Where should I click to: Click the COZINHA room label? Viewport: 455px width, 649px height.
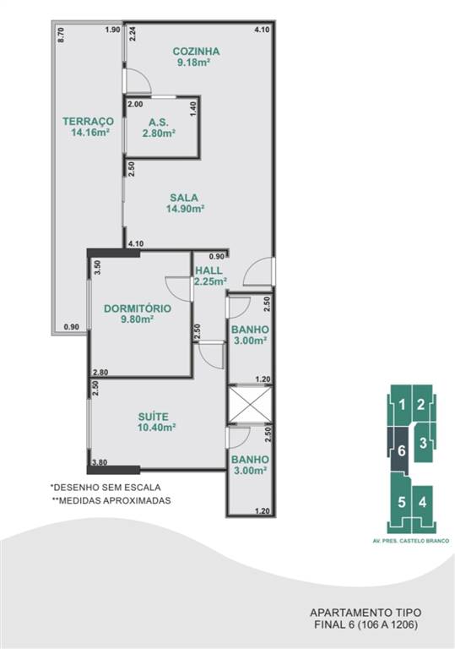click(196, 52)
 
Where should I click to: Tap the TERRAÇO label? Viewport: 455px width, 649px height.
click(88, 122)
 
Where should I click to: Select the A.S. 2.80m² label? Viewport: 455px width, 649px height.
click(159, 128)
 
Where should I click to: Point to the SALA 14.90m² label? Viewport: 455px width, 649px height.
click(185, 203)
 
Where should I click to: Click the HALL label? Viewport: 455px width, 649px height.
click(209, 270)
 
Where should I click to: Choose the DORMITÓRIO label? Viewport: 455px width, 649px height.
click(138, 308)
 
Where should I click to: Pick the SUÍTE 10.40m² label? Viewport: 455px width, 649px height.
click(157, 422)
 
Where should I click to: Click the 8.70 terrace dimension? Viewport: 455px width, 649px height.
click(62, 35)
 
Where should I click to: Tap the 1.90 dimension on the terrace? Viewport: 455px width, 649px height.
click(112, 30)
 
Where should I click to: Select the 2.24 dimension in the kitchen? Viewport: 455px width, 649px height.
click(133, 34)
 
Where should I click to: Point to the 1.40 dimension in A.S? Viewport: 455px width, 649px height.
click(193, 109)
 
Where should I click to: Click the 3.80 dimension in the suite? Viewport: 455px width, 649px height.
click(100, 463)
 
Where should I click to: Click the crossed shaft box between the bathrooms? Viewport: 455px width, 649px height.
click(250, 405)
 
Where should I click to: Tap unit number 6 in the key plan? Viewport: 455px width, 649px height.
click(401, 450)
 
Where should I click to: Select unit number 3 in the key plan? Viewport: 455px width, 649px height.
click(423, 443)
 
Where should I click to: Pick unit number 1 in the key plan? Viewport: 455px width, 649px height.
click(402, 405)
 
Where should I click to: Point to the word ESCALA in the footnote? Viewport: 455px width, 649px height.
click(145, 488)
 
